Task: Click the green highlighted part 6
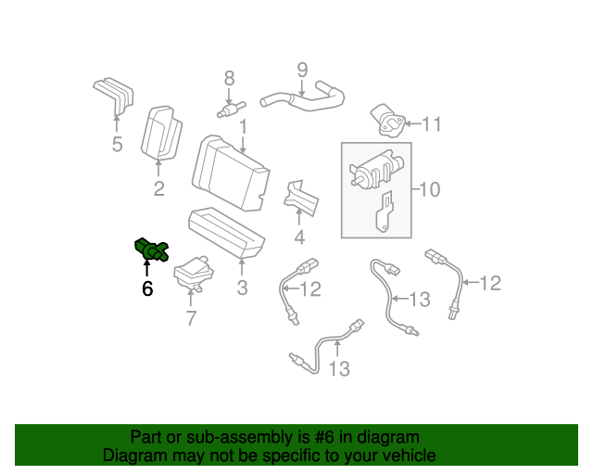151,250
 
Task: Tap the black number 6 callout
147,289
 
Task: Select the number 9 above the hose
301,70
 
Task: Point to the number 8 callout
229,80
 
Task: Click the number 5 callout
117,144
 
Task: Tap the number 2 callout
158,189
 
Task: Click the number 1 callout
243,125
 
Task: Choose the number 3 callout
242,288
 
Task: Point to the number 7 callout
192,319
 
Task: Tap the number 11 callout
433,122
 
